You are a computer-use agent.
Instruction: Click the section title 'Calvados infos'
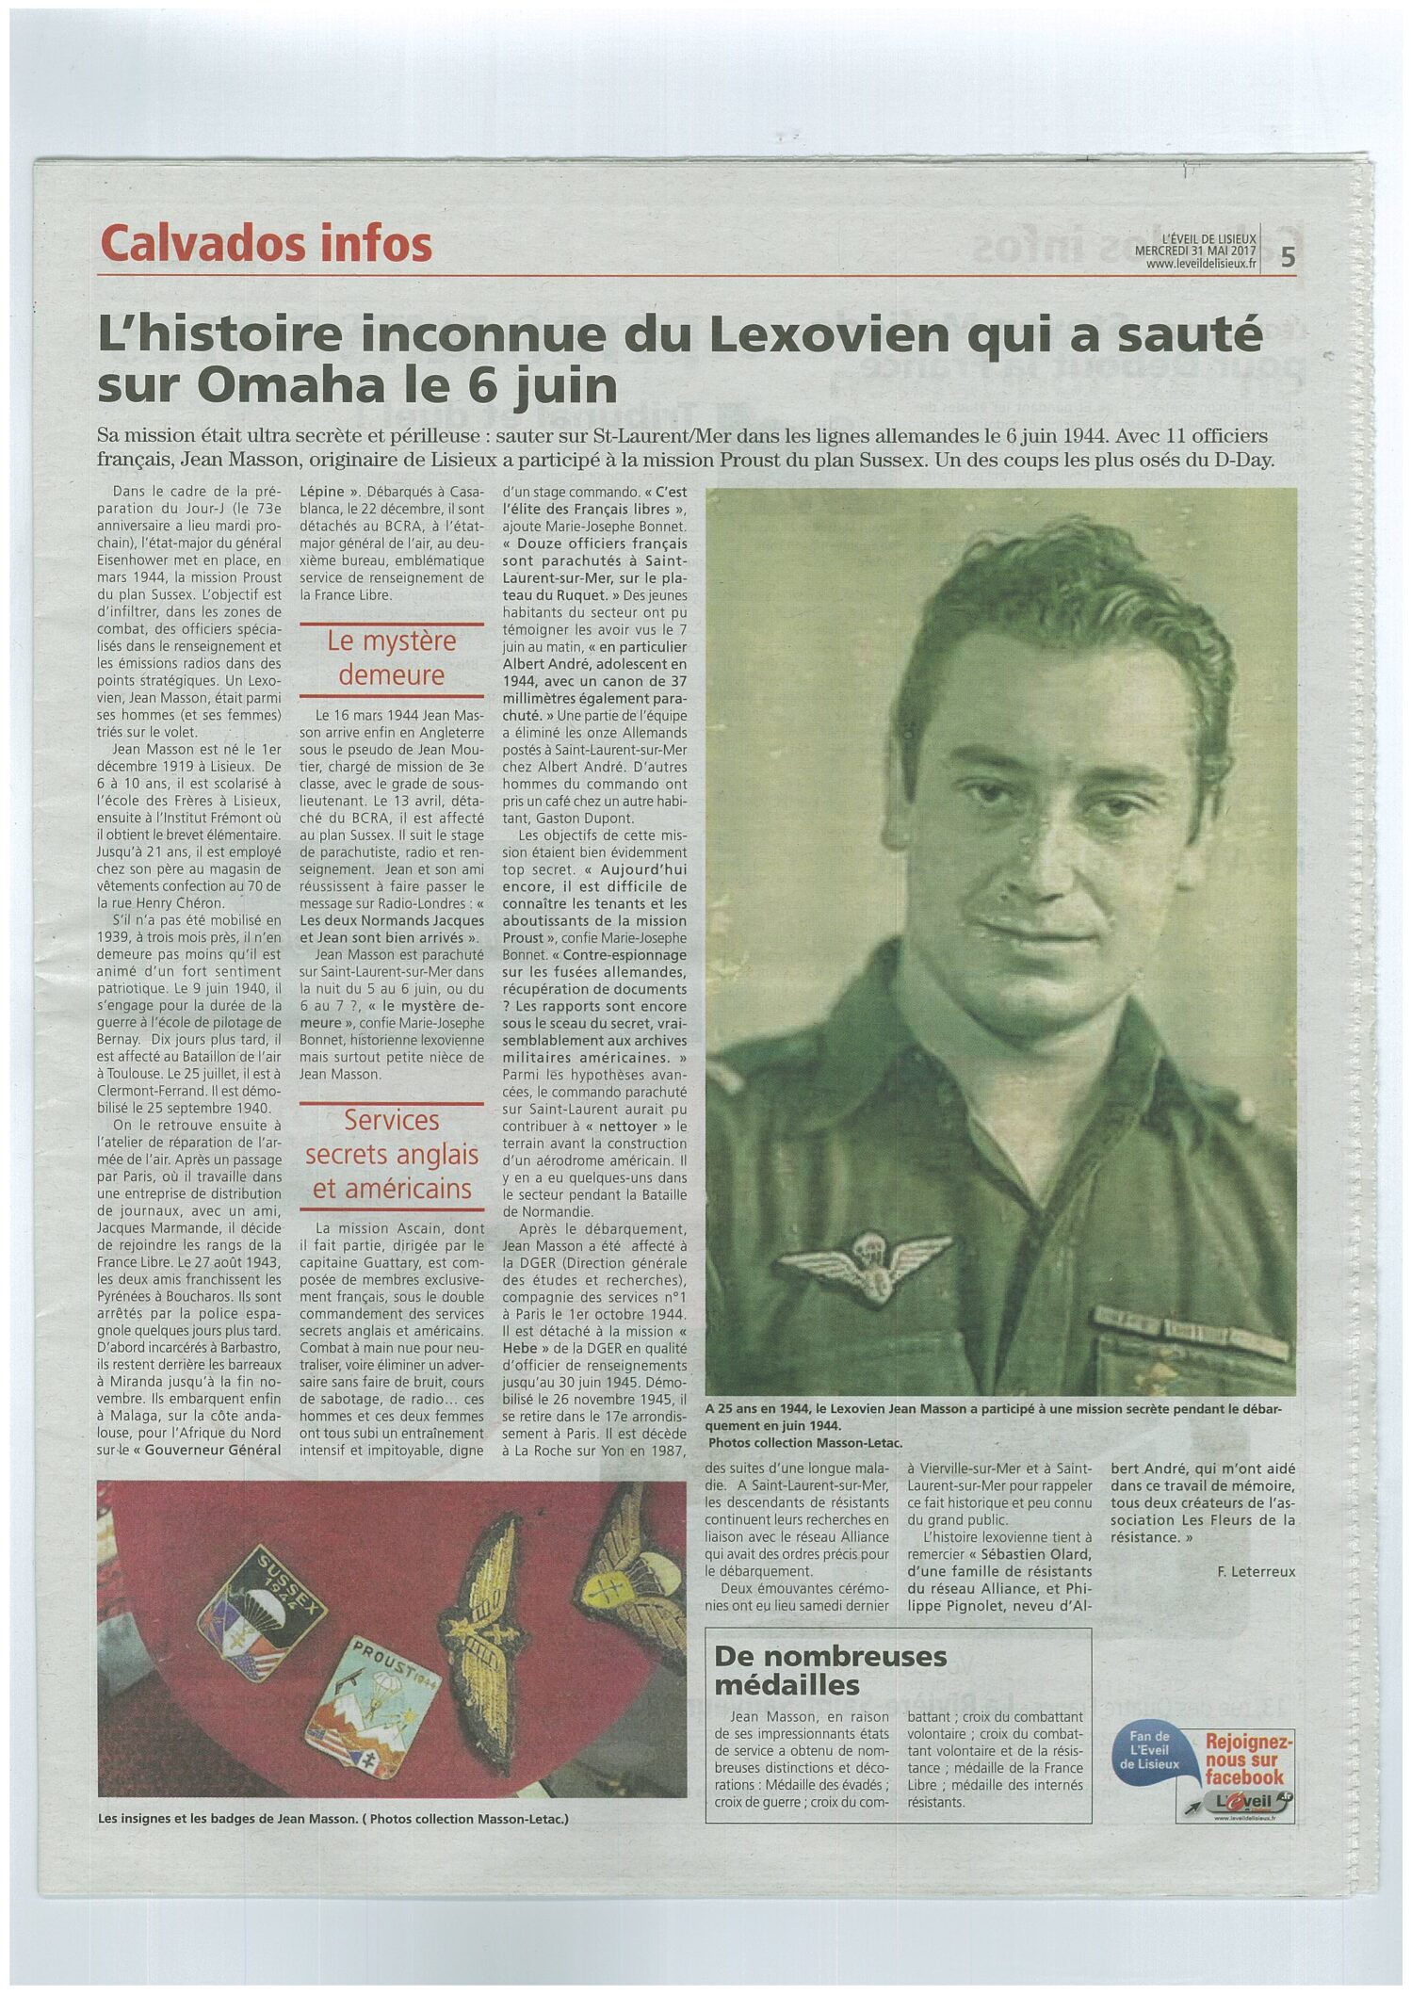pos(266,244)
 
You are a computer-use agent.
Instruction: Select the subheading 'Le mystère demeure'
pos(391,658)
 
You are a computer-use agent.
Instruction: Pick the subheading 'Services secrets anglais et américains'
pos(392,1154)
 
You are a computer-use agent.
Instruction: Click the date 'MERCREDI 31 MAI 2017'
pos(1195,251)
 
